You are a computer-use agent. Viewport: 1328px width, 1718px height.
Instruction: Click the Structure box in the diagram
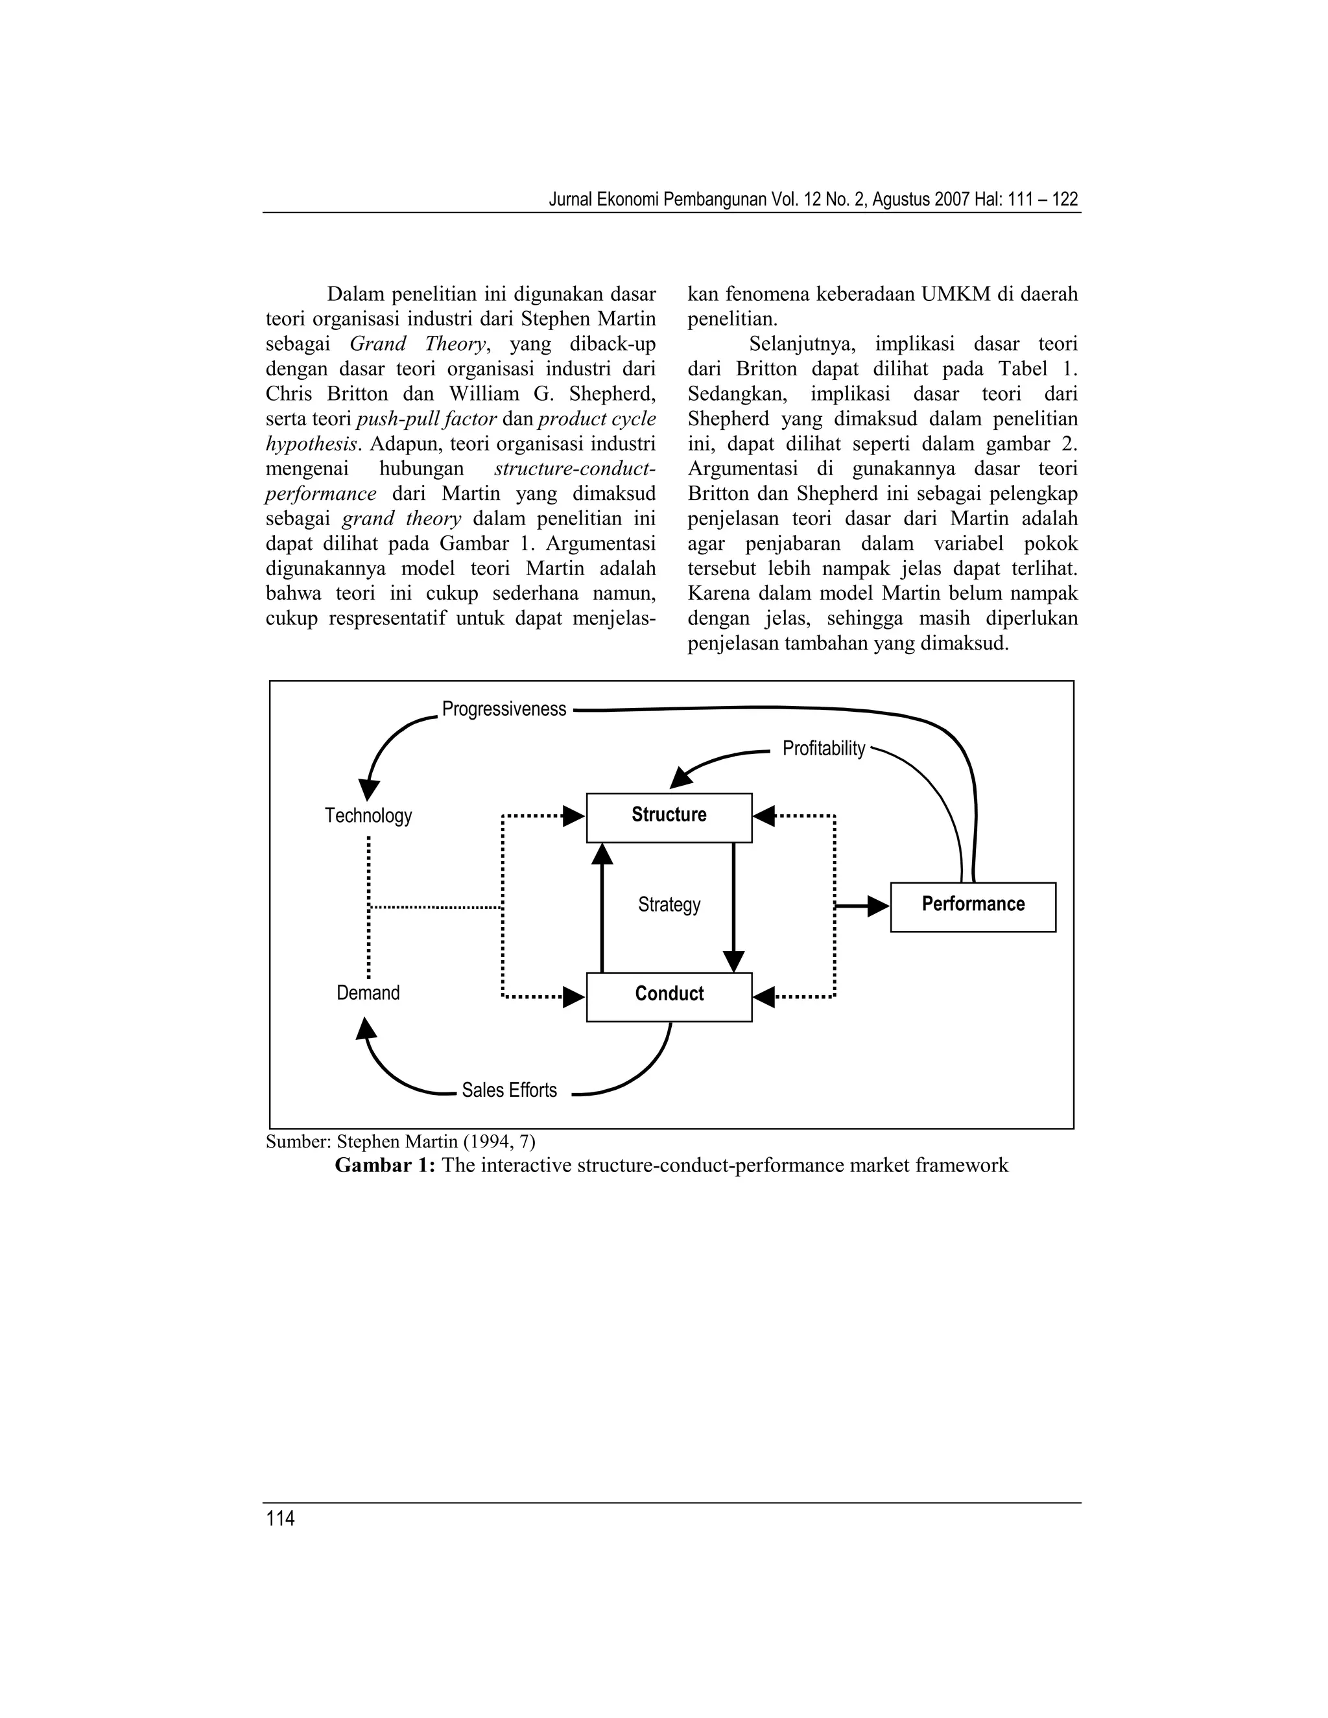pos(669,818)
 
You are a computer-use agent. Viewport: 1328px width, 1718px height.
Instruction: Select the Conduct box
pos(669,996)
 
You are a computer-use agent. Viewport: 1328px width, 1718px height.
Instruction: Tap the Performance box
pos(973,907)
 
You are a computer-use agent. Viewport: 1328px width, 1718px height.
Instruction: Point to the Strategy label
pos(669,904)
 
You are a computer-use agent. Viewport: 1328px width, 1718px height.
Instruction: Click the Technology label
pos(368,816)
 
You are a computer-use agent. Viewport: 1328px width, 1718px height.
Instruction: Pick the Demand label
pos(368,993)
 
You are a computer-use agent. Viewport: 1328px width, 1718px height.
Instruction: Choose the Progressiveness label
pos(504,709)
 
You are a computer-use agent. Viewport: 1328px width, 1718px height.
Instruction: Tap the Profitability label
pos(824,748)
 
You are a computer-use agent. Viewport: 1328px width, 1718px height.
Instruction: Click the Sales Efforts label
pos(509,1090)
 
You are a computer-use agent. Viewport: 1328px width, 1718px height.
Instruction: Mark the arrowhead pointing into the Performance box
pos(878,906)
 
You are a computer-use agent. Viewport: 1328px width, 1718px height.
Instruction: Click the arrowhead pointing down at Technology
pos(369,790)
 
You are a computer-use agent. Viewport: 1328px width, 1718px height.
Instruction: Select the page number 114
pos(280,1518)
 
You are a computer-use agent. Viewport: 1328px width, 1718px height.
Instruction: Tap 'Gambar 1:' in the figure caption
pos(385,1165)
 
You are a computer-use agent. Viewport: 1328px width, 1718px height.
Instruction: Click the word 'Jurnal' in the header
pos(569,199)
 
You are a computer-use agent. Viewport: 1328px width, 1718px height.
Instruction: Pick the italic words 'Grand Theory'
pos(417,344)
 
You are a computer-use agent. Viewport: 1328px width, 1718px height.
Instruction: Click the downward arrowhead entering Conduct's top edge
pos(733,962)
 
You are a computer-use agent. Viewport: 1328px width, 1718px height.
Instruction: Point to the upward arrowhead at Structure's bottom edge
pos(602,854)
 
